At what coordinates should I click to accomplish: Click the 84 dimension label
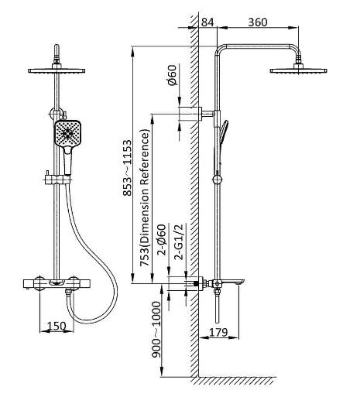click(x=207, y=22)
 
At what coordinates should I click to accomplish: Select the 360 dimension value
click(x=258, y=22)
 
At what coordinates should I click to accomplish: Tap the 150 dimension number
click(x=57, y=326)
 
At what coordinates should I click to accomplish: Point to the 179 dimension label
click(x=218, y=333)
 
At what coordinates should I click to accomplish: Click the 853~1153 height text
click(x=127, y=168)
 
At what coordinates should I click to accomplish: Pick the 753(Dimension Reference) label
click(x=145, y=198)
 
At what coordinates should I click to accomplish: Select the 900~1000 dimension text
click(x=156, y=330)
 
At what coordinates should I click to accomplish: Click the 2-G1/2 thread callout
click(x=179, y=241)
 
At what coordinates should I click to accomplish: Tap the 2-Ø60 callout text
click(x=163, y=240)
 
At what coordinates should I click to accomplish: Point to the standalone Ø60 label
click(x=173, y=75)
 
